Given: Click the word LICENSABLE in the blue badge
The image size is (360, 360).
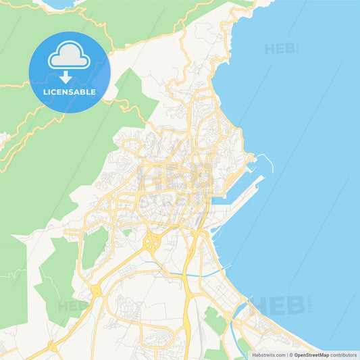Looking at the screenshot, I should tap(69, 91).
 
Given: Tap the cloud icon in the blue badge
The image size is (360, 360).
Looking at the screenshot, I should tap(69, 56).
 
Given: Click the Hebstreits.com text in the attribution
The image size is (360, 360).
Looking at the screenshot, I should tap(268, 355).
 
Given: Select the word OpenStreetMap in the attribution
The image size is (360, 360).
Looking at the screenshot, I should tap(311, 355).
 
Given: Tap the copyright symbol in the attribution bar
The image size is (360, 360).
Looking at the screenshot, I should tap(290, 355).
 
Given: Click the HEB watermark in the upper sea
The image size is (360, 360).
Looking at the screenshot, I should tap(278, 49).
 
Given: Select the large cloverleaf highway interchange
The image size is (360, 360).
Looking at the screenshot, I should tap(153, 240).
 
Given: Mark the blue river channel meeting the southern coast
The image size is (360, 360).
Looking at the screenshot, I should tap(236, 317).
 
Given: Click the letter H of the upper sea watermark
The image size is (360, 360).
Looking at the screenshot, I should tap(269, 49).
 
